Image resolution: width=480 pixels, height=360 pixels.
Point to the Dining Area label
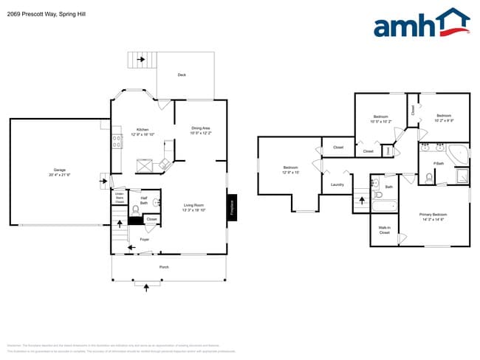[x=201, y=128]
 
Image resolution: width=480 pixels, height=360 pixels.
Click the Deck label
[x=182, y=75]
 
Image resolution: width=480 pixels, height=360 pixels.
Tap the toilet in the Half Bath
[x=135, y=210]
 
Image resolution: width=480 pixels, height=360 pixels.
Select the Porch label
[x=164, y=266]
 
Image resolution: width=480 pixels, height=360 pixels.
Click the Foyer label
[x=145, y=239]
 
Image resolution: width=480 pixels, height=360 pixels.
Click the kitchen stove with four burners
[x=116, y=138]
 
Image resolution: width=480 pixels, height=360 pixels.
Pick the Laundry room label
[x=337, y=184]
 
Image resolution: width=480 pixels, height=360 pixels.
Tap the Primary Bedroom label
[x=433, y=214]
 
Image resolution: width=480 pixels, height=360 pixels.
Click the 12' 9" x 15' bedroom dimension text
[x=291, y=172]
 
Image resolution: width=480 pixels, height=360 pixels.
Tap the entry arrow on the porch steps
[x=146, y=285]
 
